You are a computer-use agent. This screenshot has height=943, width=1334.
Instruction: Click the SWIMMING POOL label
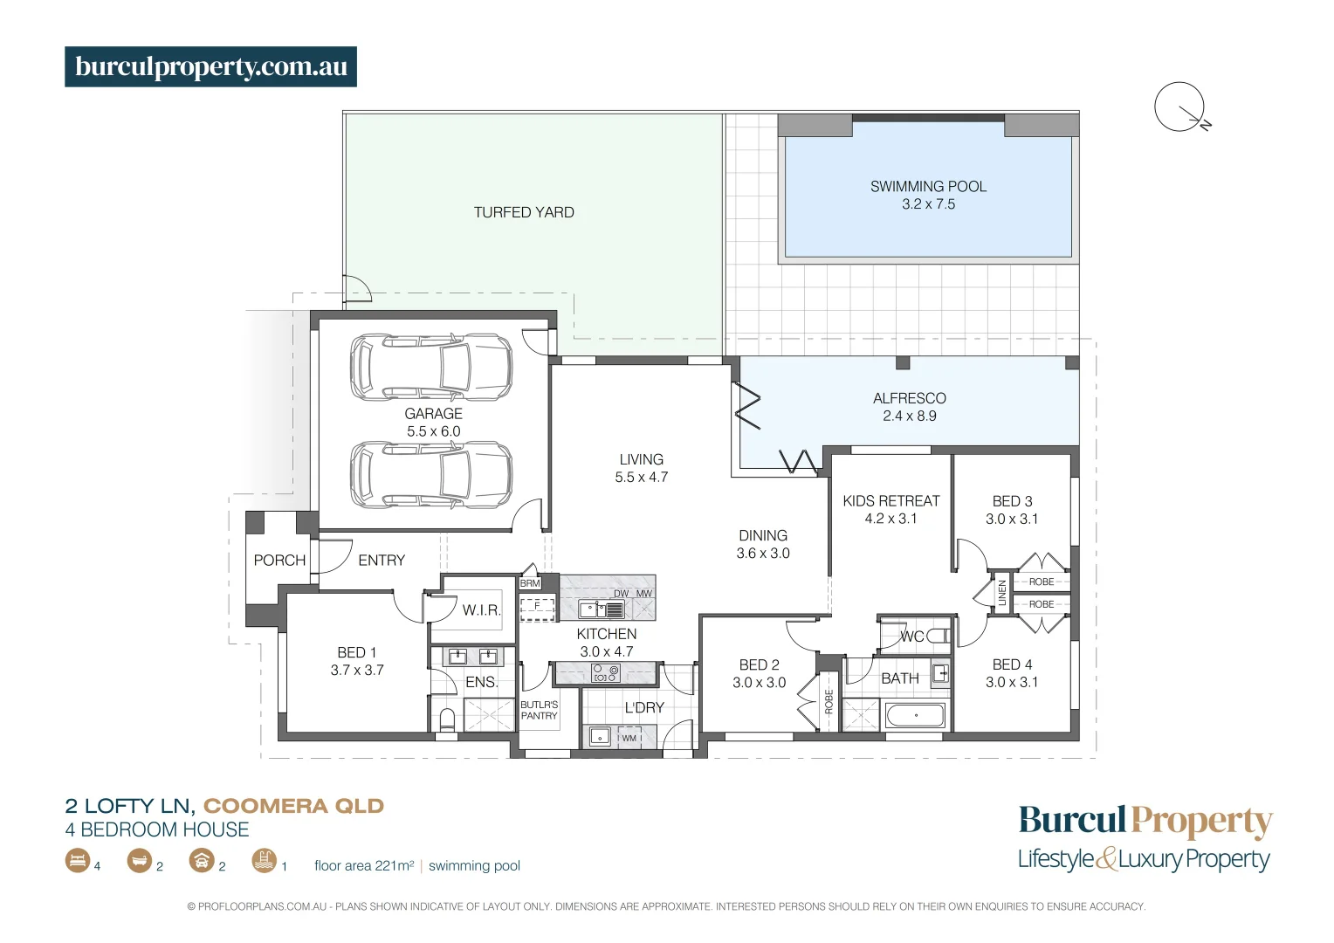tap(928, 186)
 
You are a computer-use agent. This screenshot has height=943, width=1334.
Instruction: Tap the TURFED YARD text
tap(524, 212)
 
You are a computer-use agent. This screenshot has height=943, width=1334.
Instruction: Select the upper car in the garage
tap(431, 367)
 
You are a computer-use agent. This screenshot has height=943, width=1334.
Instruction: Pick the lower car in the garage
tap(431, 474)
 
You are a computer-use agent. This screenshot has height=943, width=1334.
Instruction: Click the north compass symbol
tap(1180, 107)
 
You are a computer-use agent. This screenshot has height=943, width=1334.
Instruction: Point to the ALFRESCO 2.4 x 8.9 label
tap(909, 407)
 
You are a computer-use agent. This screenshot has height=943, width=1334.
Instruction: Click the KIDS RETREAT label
tap(890, 501)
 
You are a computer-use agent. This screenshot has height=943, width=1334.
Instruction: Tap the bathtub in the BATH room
tap(915, 716)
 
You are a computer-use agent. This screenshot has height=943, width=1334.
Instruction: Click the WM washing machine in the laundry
tap(629, 738)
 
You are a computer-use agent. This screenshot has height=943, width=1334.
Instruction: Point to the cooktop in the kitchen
tap(606, 673)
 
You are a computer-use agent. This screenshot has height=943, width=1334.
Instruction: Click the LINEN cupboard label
tap(1002, 593)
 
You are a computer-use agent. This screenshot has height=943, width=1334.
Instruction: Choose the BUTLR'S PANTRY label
tap(539, 710)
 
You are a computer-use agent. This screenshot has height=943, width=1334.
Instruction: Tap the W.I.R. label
tap(481, 610)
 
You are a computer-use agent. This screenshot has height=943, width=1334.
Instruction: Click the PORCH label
tap(279, 560)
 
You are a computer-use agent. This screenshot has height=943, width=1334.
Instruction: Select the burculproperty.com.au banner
tap(210, 67)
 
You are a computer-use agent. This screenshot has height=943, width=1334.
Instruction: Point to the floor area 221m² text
tap(364, 865)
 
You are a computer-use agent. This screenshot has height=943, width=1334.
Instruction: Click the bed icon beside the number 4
tap(77, 861)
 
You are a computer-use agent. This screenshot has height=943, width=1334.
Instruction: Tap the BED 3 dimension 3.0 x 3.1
tap(1012, 519)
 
